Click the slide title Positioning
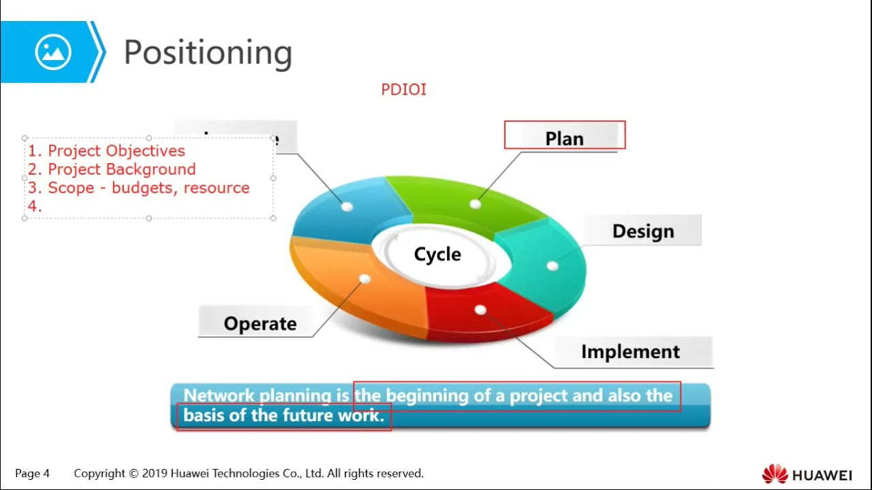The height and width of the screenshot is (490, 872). click(208, 52)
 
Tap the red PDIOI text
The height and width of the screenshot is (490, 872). click(403, 90)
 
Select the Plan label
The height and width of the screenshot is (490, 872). click(564, 138)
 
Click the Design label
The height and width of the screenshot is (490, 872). click(642, 231)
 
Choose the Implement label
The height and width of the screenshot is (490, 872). click(630, 352)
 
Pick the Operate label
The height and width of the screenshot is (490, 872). click(260, 323)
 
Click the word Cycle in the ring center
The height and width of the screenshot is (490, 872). click(437, 255)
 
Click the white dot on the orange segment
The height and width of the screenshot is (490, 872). click(364, 279)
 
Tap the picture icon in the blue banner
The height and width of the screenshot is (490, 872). click(53, 52)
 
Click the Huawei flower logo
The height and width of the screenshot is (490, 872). click(775, 474)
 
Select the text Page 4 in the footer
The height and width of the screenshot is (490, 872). click(32, 473)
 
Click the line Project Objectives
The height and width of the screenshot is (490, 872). click(116, 150)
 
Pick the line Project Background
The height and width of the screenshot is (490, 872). click(121, 169)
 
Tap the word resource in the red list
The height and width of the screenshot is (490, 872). click(217, 188)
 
